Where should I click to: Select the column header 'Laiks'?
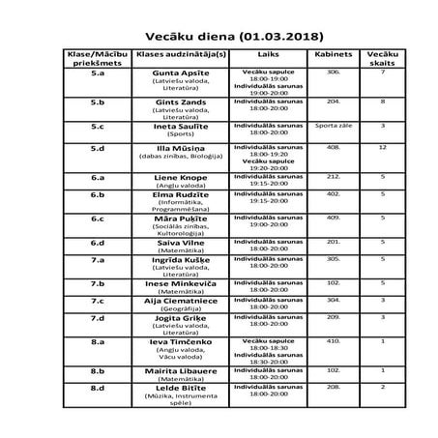click(262, 56)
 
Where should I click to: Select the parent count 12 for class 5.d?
click(384, 147)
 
